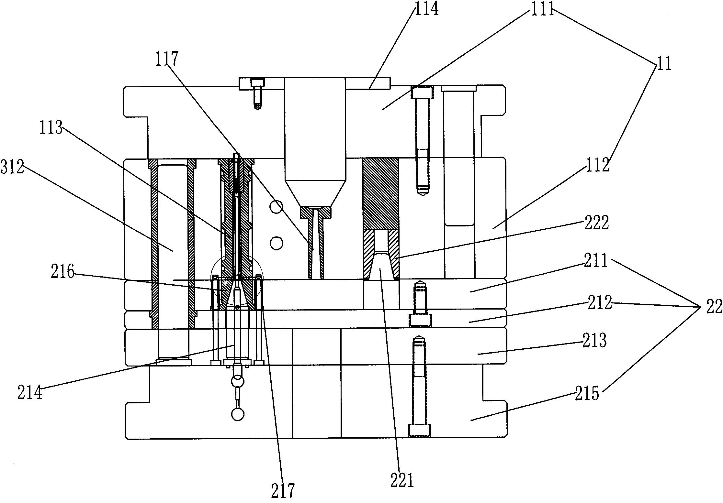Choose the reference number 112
(x=598, y=165)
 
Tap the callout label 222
(x=597, y=223)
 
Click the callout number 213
(x=594, y=341)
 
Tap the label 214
(x=30, y=393)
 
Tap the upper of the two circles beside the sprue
(x=276, y=206)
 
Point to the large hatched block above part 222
(x=381, y=193)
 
